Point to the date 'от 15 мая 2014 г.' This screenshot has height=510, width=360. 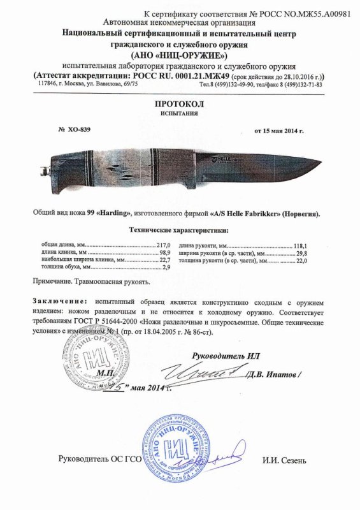(280, 131)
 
